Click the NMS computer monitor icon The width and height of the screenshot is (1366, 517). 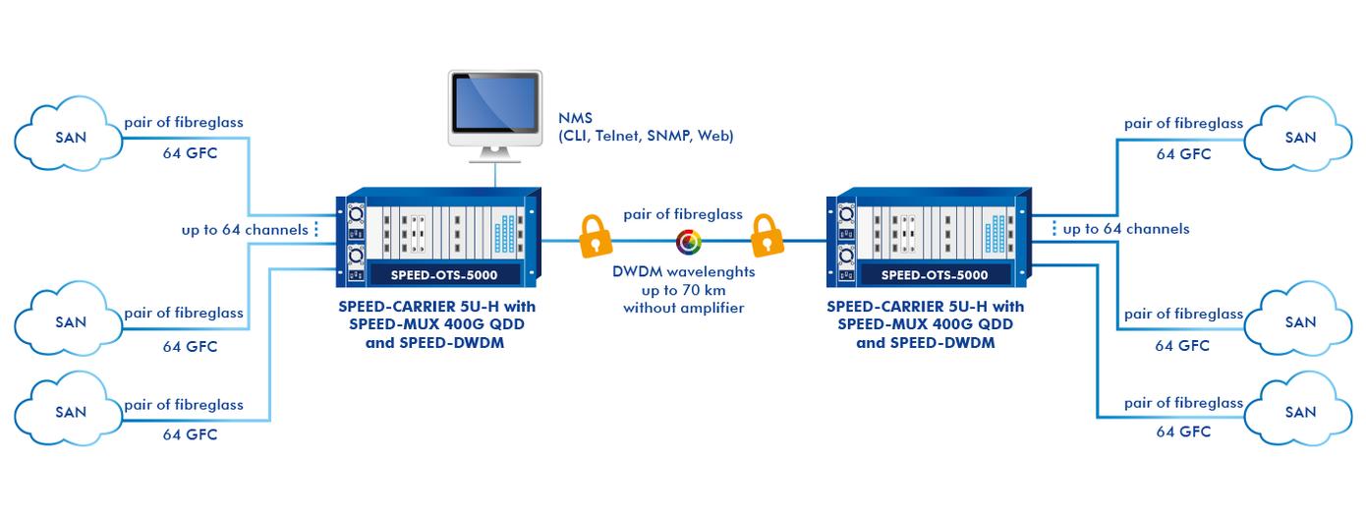495,116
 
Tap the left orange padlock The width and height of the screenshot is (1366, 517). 596,236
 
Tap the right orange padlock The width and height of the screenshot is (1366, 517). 768,235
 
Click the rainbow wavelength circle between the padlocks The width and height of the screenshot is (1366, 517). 689,242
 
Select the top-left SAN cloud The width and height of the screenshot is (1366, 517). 69,134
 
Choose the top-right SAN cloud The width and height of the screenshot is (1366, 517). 1298,134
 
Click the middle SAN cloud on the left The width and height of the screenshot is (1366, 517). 69,318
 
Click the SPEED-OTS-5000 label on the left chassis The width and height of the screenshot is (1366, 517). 444,275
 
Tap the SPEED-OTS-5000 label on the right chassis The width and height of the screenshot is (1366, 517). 935,275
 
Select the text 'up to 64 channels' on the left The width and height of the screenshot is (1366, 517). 245,230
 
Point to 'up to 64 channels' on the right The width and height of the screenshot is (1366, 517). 1126,229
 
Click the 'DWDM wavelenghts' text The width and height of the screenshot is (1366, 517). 684,272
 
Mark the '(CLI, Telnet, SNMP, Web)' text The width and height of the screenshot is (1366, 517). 646,136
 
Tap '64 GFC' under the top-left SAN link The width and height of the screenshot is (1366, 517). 190,153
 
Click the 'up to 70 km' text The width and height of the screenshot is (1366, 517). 684,290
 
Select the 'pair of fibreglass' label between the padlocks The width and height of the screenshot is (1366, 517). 683,214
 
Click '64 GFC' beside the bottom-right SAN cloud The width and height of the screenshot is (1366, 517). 1183,431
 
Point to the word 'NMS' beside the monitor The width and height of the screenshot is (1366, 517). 575,118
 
